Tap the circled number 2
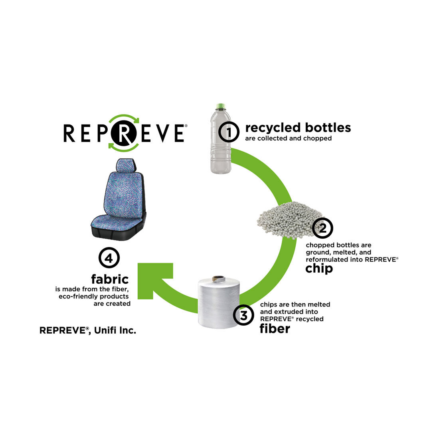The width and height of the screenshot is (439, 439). [x=322, y=228]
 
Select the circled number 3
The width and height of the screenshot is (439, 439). [x=243, y=315]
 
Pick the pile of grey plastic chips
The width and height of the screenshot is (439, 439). [x=284, y=219]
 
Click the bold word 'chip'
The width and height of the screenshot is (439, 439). [x=319, y=269]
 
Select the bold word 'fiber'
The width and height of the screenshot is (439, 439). [x=275, y=328]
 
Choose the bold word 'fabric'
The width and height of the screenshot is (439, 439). [x=110, y=279]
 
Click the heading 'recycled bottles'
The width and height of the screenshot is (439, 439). [x=298, y=128]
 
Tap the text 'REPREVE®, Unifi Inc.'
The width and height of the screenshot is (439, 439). [x=88, y=330]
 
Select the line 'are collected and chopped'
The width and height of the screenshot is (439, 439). [x=288, y=138]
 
